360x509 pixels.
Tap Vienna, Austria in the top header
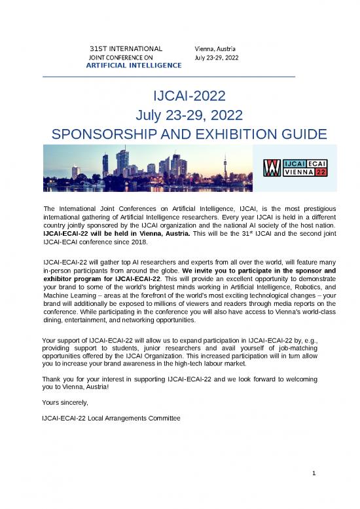click(216, 49)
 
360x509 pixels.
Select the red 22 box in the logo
click(320, 172)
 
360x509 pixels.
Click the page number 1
click(315, 473)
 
